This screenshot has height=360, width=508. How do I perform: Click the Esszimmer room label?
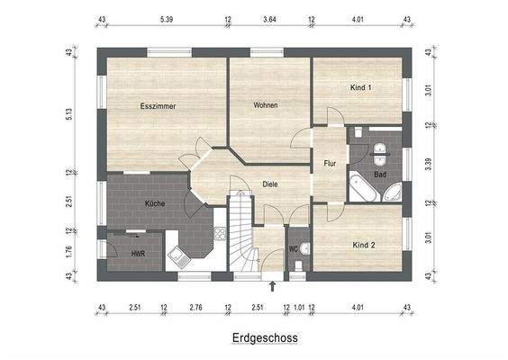click(158, 106)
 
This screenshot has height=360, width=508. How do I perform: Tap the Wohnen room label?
click(265, 105)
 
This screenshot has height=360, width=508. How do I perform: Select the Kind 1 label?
click(360, 87)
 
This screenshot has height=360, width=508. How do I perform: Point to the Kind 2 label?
click(363, 245)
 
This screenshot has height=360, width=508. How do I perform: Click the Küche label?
click(155, 204)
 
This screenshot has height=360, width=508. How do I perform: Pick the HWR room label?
click(138, 254)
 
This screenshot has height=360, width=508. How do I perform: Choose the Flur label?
click(330, 164)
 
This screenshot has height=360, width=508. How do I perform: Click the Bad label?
click(380, 174)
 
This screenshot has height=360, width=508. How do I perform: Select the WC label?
click(294, 248)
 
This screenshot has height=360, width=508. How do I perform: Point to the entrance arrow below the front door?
click(273, 287)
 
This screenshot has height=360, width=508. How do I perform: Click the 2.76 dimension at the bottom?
click(195, 308)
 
